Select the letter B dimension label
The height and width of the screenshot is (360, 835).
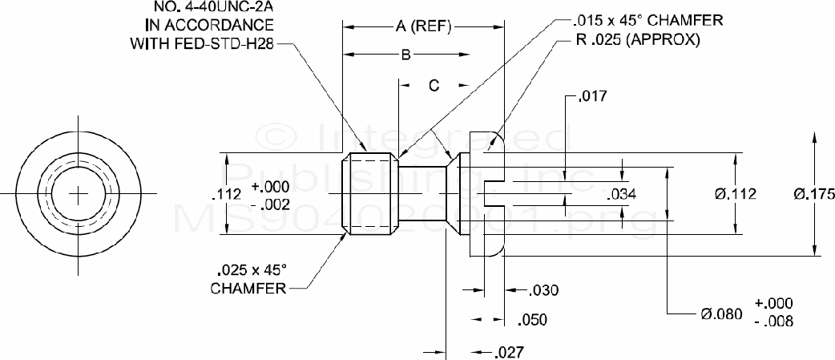pyautogui.click(x=406, y=55)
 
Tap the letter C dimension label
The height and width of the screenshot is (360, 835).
pyautogui.click(x=433, y=86)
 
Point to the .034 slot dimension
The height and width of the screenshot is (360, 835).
pyautogui.click(x=623, y=193)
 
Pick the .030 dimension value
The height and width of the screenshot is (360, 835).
pyautogui.click(x=544, y=289)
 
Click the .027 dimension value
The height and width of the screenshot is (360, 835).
pyautogui.click(x=510, y=352)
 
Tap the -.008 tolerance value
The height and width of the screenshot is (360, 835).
pyautogui.click(x=773, y=322)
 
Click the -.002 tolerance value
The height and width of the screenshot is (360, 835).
pyautogui.click(x=269, y=204)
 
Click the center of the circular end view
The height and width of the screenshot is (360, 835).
pyautogui.click(x=79, y=192)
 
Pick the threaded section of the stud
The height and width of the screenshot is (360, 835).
pyautogui.click(x=370, y=193)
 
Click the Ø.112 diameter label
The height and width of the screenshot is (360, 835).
pyautogui.click(x=736, y=193)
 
